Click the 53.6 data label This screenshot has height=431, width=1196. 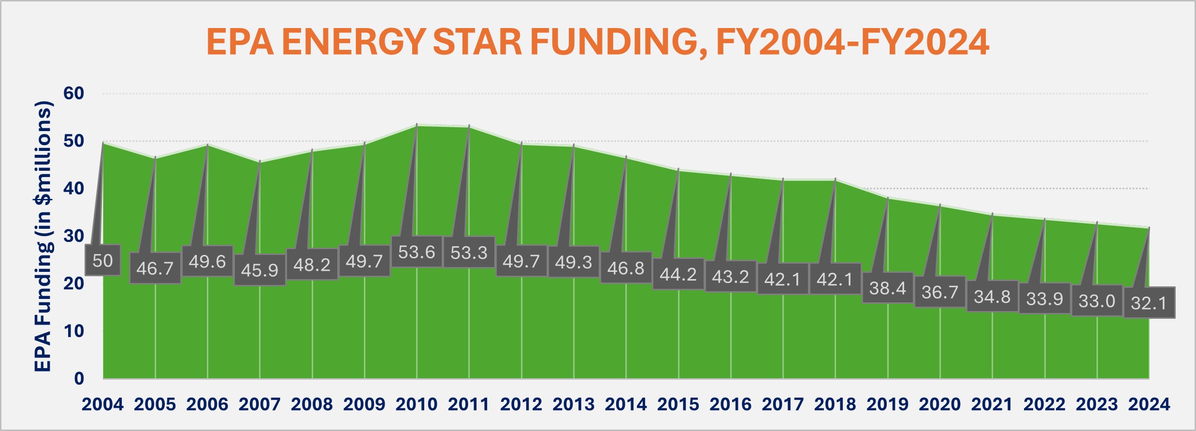pyautogui.click(x=417, y=252)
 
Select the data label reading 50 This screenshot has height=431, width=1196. pyautogui.click(x=102, y=261)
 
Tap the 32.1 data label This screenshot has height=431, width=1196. pyautogui.click(x=1149, y=303)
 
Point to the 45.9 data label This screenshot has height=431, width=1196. pyautogui.click(x=259, y=270)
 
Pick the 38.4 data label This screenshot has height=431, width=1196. pyautogui.click(x=888, y=288)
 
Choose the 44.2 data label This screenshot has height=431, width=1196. pyautogui.click(x=678, y=275)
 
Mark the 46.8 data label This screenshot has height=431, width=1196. pyautogui.click(x=626, y=268)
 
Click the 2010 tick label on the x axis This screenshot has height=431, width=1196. pyautogui.click(x=417, y=404)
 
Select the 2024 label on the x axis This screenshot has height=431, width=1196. pyautogui.click(x=1149, y=404)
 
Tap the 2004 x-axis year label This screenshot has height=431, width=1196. pyautogui.click(x=102, y=404)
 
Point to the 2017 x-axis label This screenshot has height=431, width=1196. pyautogui.click(x=783, y=404)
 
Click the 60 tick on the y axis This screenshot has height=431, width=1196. pyautogui.click(x=74, y=93)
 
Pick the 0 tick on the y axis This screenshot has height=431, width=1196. pyautogui.click(x=79, y=378)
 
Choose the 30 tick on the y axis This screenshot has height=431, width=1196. pyautogui.click(x=74, y=236)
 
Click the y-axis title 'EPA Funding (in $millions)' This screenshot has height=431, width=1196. pyautogui.click(x=43, y=236)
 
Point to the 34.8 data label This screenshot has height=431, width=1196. pyautogui.click(x=992, y=297)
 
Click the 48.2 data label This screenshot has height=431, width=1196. pyautogui.click(x=312, y=265)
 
